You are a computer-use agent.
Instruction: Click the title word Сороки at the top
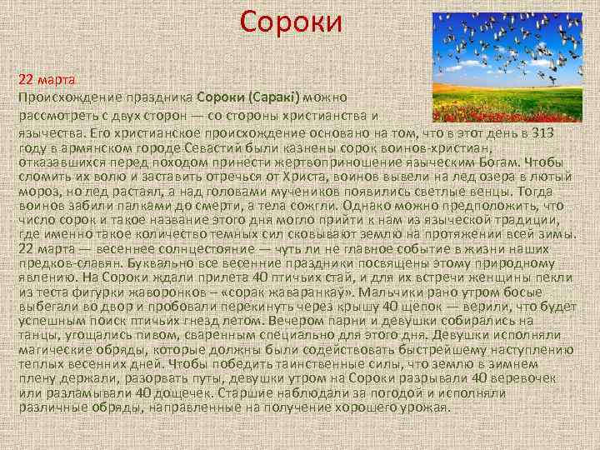tap(291, 22)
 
